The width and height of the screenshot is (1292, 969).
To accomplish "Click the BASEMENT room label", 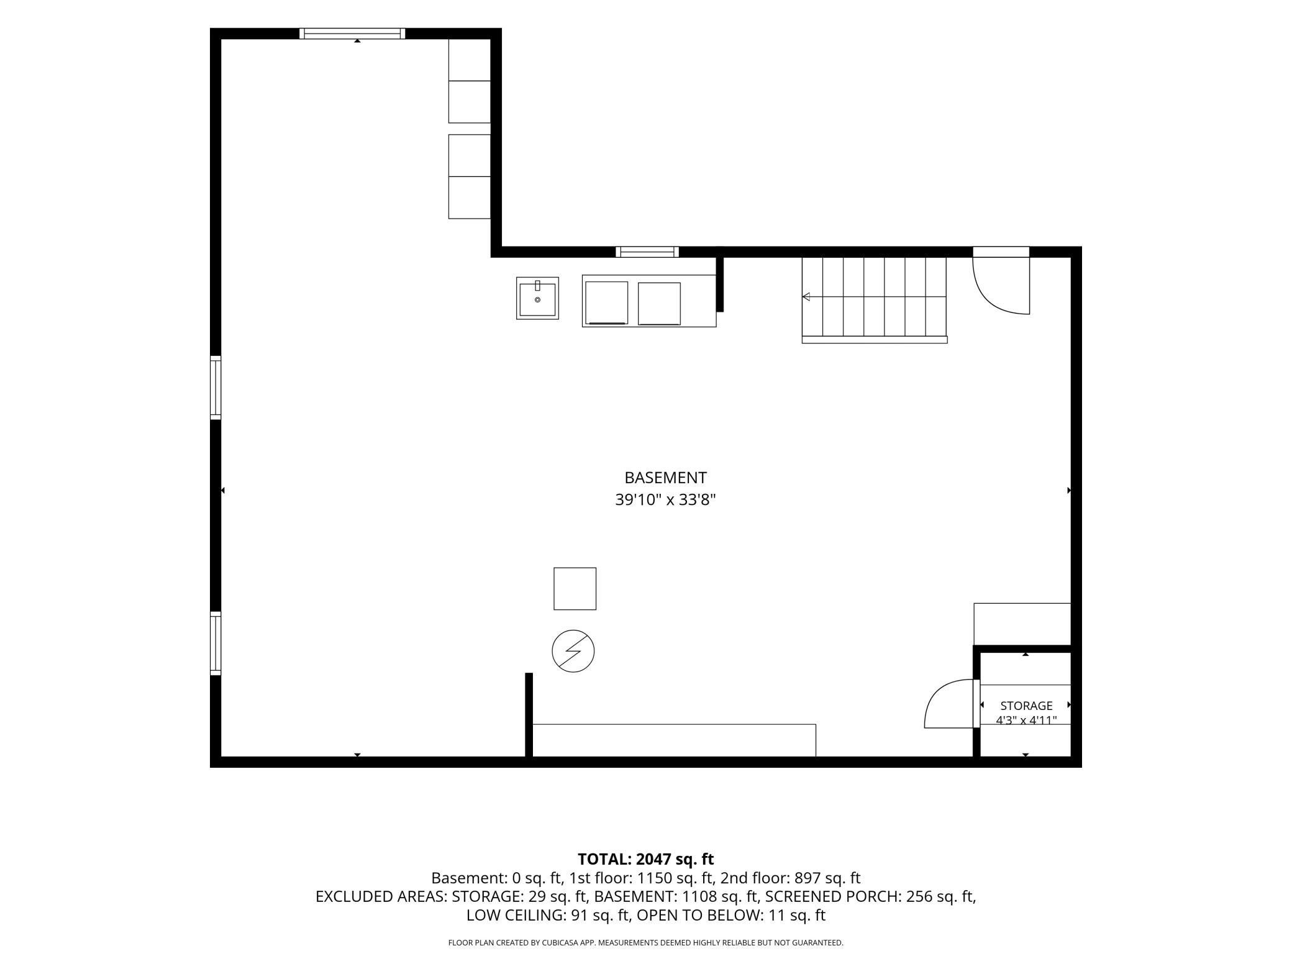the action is point(665,478).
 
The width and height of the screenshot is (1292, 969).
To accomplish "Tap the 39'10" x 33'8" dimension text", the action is point(665,500).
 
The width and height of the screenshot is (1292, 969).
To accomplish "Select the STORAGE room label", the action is point(1026,706).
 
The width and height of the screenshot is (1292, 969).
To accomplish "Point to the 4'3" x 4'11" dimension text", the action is point(1026,721).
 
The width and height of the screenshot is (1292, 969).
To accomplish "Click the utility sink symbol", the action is point(537,298).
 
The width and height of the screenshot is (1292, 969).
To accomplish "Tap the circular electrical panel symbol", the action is point(573,651).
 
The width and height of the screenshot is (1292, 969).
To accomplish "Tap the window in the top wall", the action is point(352,34).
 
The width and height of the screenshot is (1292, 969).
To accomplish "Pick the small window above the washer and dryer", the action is point(647,252).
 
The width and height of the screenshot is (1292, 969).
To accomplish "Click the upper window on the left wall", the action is point(216,388).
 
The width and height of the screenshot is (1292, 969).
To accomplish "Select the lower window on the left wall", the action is point(216,643).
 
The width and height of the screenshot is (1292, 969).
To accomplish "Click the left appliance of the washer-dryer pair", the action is point(606,303).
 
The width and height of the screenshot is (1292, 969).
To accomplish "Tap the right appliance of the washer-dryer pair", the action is point(659,304).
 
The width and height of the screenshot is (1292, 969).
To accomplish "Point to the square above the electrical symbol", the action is point(575,589).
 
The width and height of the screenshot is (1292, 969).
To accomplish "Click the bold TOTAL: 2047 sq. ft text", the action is point(646,859).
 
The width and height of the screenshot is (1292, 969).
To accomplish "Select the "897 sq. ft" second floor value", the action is point(827,878).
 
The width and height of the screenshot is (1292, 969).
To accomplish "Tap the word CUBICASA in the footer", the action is point(563,943).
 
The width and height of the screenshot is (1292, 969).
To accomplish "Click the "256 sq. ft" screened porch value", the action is point(940,897).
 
